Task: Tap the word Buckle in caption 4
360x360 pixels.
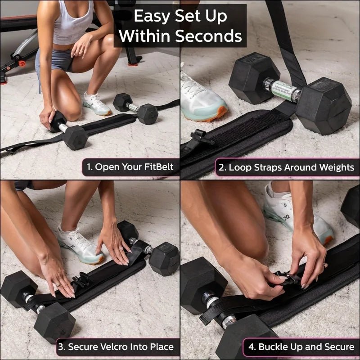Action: (274, 347)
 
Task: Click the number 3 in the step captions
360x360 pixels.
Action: (62, 347)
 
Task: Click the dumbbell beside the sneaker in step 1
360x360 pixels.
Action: (135, 108)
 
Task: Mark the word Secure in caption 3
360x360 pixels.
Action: (84, 347)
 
